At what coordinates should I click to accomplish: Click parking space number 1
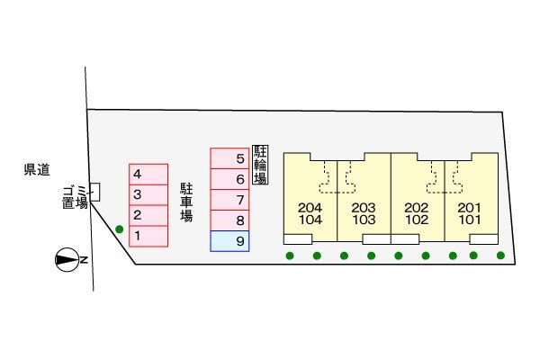click(x=148, y=236)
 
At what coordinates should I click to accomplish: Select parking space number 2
click(x=148, y=215)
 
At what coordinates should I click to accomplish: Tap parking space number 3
click(x=148, y=194)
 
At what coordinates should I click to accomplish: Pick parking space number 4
click(x=148, y=174)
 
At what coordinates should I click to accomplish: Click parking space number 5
click(x=229, y=158)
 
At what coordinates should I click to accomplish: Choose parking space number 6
click(x=229, y=179)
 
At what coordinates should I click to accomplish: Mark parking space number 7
click(x=229, y=200)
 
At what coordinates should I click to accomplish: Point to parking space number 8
click(x=229, y=220)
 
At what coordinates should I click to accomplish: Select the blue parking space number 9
click(x=229, y=241)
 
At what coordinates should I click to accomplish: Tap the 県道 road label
click(x=37, y=168)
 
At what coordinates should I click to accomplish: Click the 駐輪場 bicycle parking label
click(x=261, y=164)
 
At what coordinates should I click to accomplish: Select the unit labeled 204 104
click(x=310, y=213)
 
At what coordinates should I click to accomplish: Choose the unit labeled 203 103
click(x=364, y=213)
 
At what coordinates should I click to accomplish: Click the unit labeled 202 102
click(x=417, y=213)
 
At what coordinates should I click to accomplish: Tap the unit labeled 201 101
click(x=470, y=213)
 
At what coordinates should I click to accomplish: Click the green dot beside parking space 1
click(x=120, y=229)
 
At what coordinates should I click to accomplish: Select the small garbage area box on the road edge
click(x=95, y=191)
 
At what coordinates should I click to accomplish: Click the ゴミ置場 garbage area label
click(x=75, y=196)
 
